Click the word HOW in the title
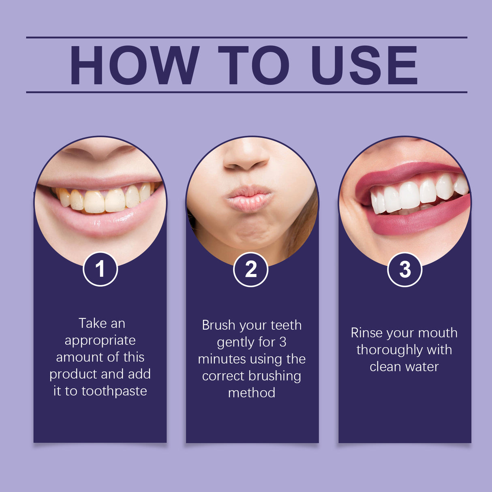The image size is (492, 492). click(x=135, y=65)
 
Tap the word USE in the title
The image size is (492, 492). click(x=364, y=65)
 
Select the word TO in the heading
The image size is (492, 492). click(x=254, y=65)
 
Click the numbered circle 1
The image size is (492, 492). click(x=100, y=269)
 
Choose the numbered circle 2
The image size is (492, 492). click(x=251, y=270)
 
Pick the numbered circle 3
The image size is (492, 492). click(x=404, y=270)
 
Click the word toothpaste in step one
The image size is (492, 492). click(x=114, y=391)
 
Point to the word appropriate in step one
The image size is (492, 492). click(x=100, y=340)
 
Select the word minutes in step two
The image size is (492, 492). click(x=222, y=359)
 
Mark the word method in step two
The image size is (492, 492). click(x=252, y=393)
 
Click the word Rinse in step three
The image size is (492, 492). click(x=367, y=333)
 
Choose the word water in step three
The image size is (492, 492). click(x=422, y=367)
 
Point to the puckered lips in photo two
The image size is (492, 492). click(x=249, y=198)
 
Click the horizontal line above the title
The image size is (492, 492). click(x=246, y=37)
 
